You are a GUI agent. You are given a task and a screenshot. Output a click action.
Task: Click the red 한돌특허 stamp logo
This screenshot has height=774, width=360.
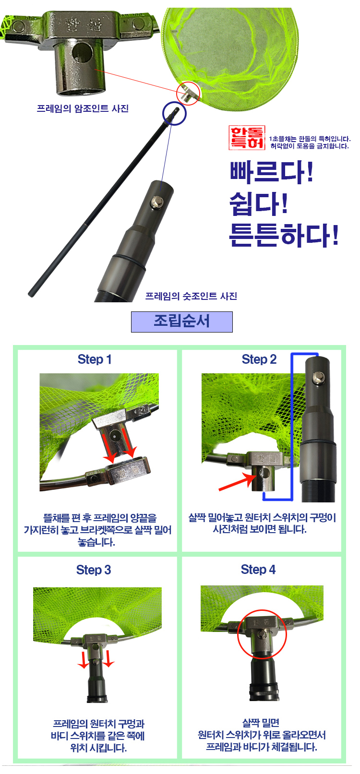(247, 138)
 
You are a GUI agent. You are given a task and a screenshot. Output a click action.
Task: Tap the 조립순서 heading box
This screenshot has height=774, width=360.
(182, 322)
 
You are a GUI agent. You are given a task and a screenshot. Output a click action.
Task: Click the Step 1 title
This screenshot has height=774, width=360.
(95, 359)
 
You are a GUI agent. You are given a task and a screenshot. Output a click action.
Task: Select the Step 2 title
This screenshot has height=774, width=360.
(259, 359)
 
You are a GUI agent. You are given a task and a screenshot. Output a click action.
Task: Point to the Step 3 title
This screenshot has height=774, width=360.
(94, 570)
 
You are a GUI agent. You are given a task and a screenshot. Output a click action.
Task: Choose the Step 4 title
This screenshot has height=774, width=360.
(258, 570)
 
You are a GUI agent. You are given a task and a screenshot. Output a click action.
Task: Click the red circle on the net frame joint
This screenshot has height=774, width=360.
(188, 93)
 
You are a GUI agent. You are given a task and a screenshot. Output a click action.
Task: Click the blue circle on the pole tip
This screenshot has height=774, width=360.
(174, 113)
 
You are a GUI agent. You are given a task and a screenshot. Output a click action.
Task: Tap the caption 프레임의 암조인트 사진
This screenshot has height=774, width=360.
(83, 108)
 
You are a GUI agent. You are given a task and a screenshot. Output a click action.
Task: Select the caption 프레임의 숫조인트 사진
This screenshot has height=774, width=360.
(191, 296)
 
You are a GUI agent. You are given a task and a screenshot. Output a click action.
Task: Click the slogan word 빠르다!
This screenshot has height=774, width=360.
(272, 171)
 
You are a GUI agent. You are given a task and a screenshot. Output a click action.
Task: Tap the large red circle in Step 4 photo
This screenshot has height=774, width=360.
(262, 634)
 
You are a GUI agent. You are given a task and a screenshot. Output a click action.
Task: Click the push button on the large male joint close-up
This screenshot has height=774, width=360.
(157, 202)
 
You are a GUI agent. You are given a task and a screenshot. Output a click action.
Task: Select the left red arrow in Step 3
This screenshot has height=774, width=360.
(83, 659)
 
